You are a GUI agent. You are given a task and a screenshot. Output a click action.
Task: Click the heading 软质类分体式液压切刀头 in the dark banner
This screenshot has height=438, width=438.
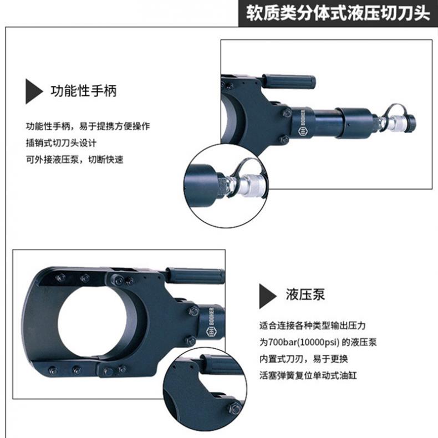tap(338, 13)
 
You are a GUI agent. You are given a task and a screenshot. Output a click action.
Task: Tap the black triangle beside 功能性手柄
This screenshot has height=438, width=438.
tap(34, 91)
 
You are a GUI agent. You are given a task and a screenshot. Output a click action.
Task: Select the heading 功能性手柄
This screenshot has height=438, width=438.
tap(84, 91)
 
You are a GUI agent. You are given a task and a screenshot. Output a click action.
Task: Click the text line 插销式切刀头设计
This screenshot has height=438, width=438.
tap(61, 143)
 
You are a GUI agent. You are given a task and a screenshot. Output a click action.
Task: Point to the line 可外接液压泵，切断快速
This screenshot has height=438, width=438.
tap(75, 160)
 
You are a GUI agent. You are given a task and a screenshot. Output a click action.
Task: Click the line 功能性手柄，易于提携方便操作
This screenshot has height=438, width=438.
tap(88, 126)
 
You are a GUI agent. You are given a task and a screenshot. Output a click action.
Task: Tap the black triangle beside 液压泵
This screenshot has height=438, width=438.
tap(268, 296)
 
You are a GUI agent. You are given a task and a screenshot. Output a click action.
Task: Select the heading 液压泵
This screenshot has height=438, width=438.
tap(305, 294)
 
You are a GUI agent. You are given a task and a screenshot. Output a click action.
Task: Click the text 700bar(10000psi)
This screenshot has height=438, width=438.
tap(304, 342)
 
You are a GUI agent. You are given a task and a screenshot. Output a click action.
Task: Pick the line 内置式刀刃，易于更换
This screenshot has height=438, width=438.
tap(304, 359)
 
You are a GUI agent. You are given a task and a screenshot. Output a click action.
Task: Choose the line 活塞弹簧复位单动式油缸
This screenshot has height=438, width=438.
tap(308, 375)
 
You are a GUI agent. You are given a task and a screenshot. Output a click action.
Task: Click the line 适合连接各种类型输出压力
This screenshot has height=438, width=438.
tap(312, 325)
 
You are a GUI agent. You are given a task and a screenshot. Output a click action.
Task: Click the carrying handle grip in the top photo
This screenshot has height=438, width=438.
tap(288, 82)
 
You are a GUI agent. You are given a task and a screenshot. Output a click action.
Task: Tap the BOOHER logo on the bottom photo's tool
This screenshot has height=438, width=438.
tap(210, 322)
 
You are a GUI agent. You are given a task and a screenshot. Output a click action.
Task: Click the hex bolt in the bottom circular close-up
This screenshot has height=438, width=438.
tap(235, 409)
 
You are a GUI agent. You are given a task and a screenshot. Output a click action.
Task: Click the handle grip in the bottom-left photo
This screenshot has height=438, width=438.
tap(195, 275)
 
